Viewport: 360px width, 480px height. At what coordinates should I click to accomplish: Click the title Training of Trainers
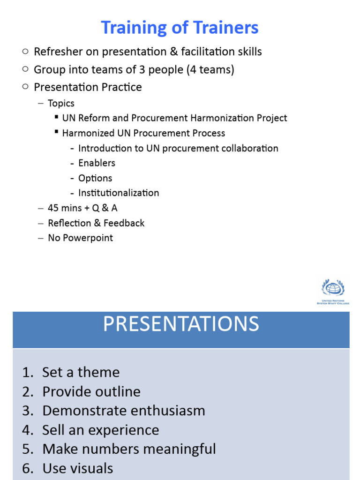(180, 28)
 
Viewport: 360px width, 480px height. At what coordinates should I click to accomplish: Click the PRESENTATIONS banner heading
(180, 324)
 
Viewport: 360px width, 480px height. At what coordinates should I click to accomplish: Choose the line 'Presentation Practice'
(88, 87)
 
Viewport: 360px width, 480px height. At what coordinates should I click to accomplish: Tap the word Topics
(61, 103)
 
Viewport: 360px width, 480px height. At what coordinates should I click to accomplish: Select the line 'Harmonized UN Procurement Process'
(143, 133)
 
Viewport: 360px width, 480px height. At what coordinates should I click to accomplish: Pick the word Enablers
(97, 163)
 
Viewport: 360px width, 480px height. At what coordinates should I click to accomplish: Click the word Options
(95, 178)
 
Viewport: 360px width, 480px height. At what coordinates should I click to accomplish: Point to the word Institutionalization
(119, 193)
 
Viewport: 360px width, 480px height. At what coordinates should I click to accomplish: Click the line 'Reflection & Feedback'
(96, 223)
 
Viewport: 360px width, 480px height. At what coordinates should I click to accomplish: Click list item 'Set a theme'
(81, 372)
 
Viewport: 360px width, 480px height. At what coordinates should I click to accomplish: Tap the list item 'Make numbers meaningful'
(129, 449)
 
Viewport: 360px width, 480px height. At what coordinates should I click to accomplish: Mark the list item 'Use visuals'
(77, 468)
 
